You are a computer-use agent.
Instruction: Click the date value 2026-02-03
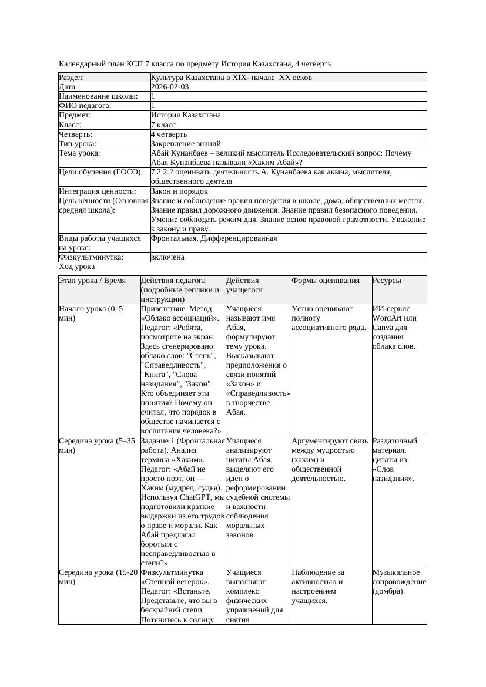tap(170, 87)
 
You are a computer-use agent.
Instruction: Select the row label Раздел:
tap(72, 78)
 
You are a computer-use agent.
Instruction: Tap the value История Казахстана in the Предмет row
tap(183, 116)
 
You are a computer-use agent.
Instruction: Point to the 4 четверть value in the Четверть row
tap(169, 134)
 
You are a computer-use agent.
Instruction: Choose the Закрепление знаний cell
tap(186, 144)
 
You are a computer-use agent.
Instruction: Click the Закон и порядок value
tap(179, 191)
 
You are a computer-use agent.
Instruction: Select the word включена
tap(167, 258)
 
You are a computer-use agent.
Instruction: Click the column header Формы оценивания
tap(326, 281)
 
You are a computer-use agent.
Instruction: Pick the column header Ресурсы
tap(387, 281)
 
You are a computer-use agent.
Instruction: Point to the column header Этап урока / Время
tap(92, 281)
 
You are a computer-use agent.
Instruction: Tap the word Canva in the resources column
tap(383, 327)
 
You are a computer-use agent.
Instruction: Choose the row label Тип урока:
tap(78, 144)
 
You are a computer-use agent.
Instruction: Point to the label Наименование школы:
tap(99, 96)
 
